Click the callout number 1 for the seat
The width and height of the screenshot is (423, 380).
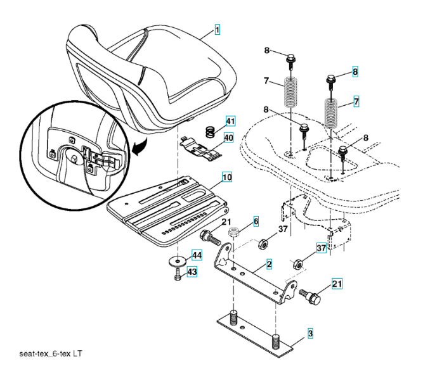pyautogui.click(x=217, y=30)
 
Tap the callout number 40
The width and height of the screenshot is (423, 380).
pyautogui.click(x=228, y=138)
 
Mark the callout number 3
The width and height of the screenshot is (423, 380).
pyautogui.click(x=310, y=332)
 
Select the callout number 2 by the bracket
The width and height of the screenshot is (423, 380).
pyautogui.click(x=270, y=263)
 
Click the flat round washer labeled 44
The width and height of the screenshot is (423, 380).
pyautogui.click(x=178, y=260)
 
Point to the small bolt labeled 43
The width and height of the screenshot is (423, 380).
pyautogui.click(x=178, y=274)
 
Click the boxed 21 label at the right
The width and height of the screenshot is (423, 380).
pyautogui.click(x=336, y=284)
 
